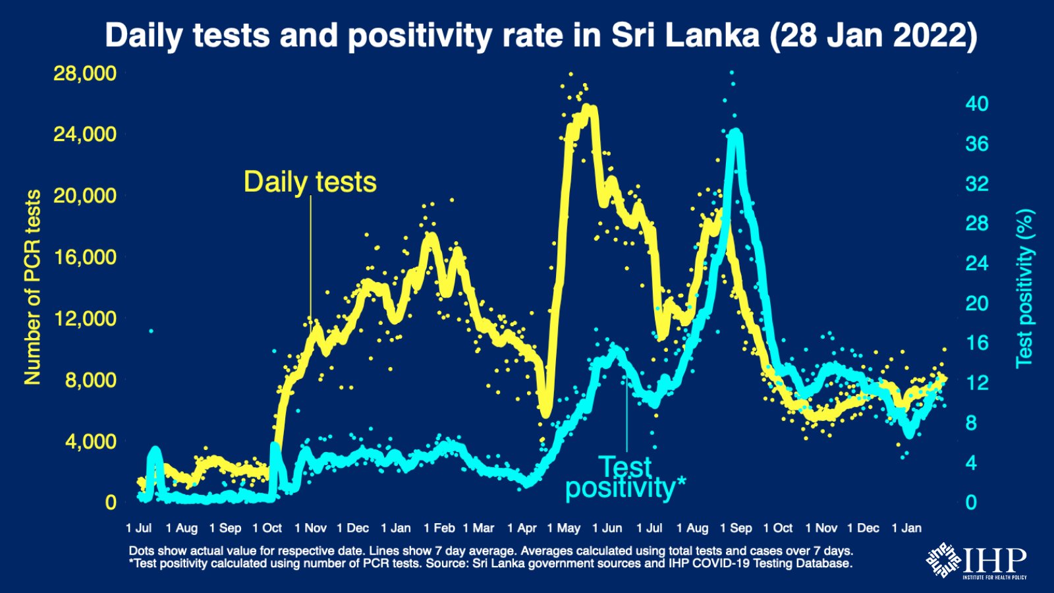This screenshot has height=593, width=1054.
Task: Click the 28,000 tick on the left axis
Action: tap(85, 73)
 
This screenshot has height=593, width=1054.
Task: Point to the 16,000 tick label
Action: tap(85, 257)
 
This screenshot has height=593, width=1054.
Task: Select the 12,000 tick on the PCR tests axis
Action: tap(85, 318)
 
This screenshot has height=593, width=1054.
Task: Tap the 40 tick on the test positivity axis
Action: tap(976, 103)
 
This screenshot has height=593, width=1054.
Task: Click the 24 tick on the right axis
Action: tap(976, 264)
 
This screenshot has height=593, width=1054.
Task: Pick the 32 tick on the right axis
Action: tap(976, 183)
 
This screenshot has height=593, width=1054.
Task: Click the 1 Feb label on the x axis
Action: tap(439, 528)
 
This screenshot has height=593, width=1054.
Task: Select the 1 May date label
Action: tap(564, 528)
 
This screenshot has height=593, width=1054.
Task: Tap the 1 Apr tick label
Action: tap(522, 528)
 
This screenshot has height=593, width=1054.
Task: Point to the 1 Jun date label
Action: tap(607, 528)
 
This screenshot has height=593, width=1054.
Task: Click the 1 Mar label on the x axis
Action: tap(478, 528)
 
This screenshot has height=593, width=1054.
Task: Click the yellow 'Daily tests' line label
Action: tap(310, 182)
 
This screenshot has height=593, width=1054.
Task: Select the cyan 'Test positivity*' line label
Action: tap(625, 478)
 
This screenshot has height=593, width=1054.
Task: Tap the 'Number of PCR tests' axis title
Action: tap(32, 287)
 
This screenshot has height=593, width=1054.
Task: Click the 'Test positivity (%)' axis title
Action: tap(1024, 288)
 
